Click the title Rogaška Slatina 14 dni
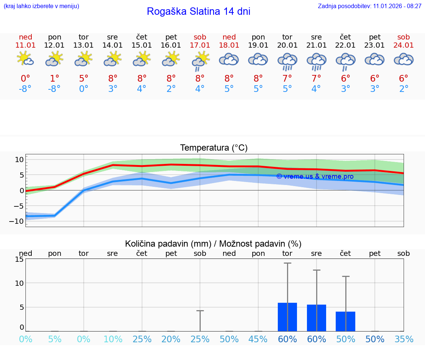click(198, 11)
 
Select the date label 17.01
click(200, 45)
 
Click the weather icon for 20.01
click(287, 61)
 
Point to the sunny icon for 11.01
click(25, 59)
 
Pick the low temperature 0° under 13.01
click(84, 89)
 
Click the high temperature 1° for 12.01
click(55, 79)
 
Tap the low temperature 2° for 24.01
click(404, 89)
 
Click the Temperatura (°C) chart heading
click(214, 148)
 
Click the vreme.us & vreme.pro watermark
click(315, 176)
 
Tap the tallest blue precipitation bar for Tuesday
click(287, 317)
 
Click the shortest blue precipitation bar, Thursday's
click(345, 322)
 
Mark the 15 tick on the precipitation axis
click(19, 259)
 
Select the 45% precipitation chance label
click(258, 339)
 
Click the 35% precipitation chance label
click(404, 339)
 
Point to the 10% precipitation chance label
click(113, 339)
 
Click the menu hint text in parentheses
click(41, 6)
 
